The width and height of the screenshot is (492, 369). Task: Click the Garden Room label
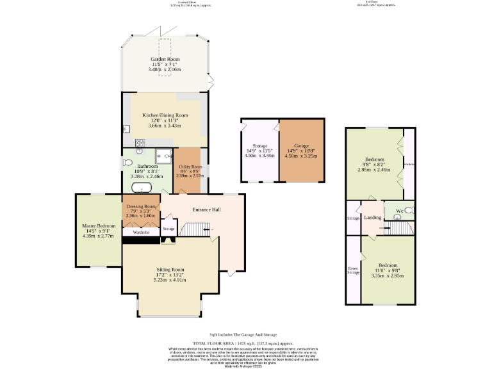tap(166, 59)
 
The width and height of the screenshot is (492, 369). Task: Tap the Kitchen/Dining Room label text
tap(165, 115)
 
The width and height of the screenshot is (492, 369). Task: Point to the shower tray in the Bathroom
tap(163, 154)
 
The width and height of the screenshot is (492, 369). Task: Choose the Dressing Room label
tap(142, 207)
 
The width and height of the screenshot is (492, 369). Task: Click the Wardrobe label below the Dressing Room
tap(141, 232)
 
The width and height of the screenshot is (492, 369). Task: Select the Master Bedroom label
tap(99, 226)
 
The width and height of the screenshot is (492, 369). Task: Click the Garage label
tap(302, 146)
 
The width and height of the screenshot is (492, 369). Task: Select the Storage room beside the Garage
tap(259, 150)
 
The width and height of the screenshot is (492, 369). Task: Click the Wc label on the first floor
tap(399, 211)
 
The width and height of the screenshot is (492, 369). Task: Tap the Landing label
tap(372, 218)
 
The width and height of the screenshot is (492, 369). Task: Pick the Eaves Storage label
tap(353, 270)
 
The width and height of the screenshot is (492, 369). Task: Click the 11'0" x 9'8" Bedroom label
tap(388, 270)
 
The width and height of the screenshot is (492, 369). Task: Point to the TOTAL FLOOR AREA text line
tap(247, 343)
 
